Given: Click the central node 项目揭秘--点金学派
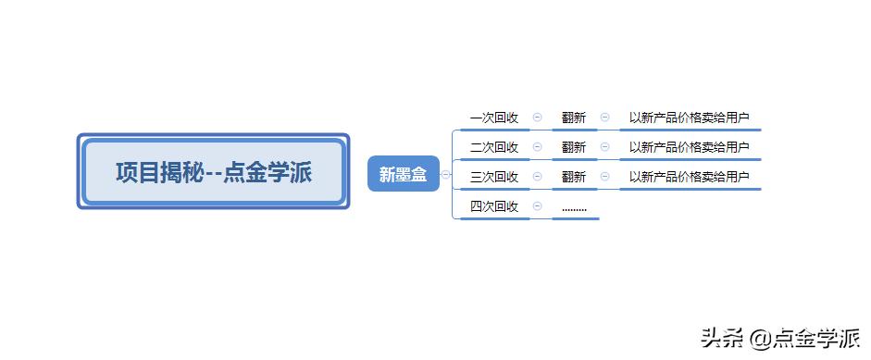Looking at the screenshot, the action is (x=213, y=172).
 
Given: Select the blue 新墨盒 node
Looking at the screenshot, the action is (x=403, y=174).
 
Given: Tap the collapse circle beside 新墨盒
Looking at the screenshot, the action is (x=445, y=174).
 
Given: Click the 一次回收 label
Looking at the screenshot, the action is (x=494, y=118).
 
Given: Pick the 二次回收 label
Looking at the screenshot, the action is (x=494, y=147).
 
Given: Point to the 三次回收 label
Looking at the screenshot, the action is (x=494, y=177).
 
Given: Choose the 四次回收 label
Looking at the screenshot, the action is (x=494, y=206).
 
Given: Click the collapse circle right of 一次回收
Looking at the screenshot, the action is (x=537, y=118).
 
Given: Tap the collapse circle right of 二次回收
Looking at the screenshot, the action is (x=537, y=147).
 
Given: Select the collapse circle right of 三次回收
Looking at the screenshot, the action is (x=537, y=177).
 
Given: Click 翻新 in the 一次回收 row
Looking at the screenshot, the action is (x=574, y=118).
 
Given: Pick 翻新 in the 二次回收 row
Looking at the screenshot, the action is (x=574, y=147).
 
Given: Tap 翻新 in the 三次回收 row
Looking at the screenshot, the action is (x=574, y=177).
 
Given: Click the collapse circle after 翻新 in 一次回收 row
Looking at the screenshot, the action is (x=605, y=118).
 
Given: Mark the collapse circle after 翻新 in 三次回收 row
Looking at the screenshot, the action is (x=605, y=177).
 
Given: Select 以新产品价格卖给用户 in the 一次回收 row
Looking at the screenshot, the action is (x=689, y=118).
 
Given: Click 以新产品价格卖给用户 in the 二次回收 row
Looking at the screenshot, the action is (x=689, y=147).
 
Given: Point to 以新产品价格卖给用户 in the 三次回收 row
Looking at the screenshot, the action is (x=689, y=177).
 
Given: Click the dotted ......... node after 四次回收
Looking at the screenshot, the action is (x=574, y=208).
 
